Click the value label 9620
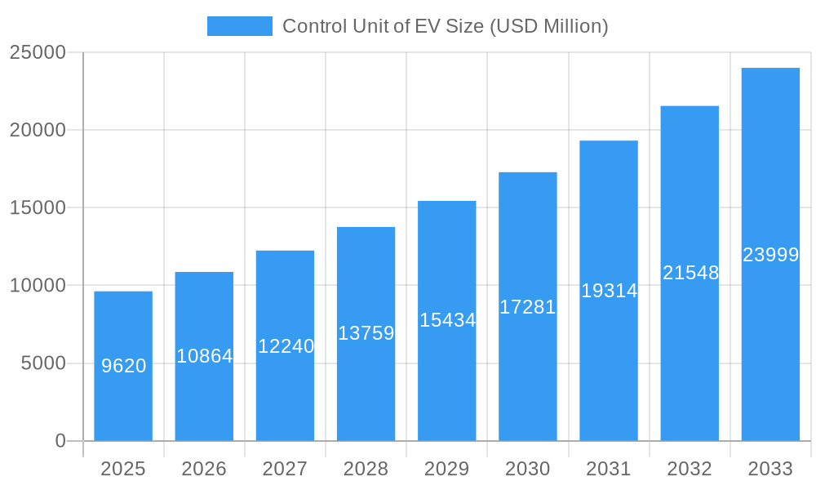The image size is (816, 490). (124, 366)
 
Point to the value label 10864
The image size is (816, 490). (205, 356)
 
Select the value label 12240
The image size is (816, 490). (286, 346)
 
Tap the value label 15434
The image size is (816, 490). (447, 320)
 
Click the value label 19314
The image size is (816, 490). (609, 291)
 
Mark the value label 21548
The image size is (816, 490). (690, 273)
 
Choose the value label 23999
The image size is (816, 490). (770, 255)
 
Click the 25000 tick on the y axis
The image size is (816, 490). (37, 52)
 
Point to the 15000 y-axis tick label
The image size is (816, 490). (37, 207)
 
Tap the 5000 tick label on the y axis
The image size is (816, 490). (43, 363)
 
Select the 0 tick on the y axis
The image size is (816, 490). (60, 441)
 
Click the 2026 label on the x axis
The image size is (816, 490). (204, 469)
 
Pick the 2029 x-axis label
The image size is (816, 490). (447, 469)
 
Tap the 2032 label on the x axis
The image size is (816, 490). (690, 469)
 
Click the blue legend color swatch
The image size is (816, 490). (240, 26)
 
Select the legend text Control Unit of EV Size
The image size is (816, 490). (445, 26)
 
